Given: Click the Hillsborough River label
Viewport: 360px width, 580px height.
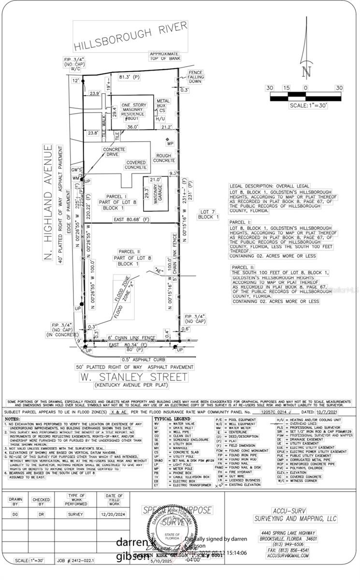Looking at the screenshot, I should (x=123, y=38).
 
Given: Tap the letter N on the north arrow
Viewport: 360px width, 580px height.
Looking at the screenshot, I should (x=305, y=72).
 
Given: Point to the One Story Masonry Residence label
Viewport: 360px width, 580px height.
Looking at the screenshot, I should (x=134, y=112).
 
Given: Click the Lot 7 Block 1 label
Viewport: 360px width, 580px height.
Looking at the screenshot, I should (x=208, y=215).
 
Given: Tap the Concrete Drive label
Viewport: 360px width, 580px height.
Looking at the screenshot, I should (x=114, y=152).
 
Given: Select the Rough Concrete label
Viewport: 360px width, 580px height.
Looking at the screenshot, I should (x=164, y=158).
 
